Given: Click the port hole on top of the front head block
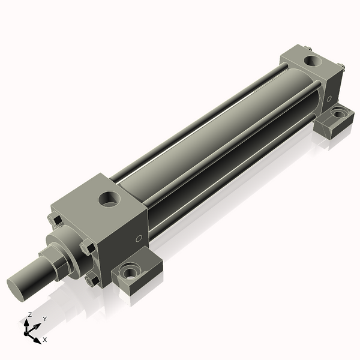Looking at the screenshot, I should pyautogui.click(x=110, y=199).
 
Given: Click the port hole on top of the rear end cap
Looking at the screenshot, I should pyautogui.click(x=313, y=61).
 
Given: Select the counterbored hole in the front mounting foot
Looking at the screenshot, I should pyautogui.click(x=130, y=274).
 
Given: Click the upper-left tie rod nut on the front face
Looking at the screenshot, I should pyautogui.click(x=55, y=220).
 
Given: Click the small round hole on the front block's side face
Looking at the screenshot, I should pyautogui.click(x=139, y=239).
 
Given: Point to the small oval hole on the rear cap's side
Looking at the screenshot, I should pyautogui.click(x=328, y=98).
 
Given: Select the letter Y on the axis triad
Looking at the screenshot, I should pyautogui.click(x=44, y=319).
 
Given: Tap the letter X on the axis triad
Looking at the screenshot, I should pyautogui.click(x=45, y=340).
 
